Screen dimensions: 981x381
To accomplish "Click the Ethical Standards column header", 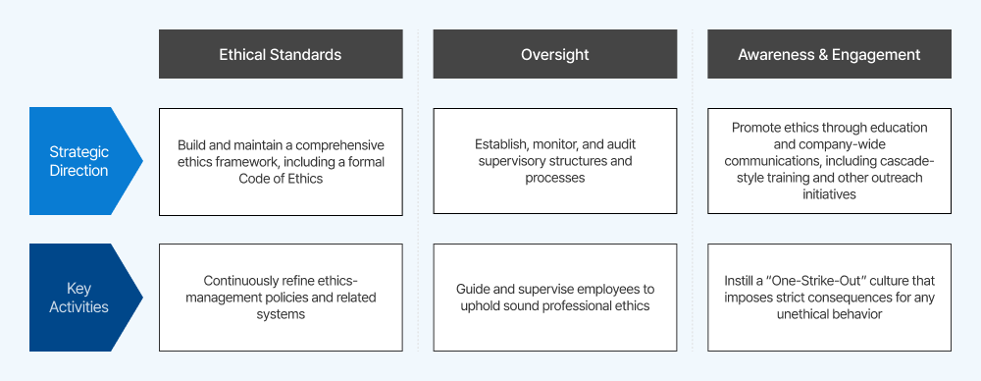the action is [x=281, y=54].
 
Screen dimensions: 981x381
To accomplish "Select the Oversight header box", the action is [x=555, y=54].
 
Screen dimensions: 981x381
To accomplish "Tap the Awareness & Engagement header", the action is [x=829, y=54].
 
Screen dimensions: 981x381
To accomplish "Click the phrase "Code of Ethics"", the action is [x=281, y=178].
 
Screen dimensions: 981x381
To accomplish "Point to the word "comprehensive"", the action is [x=340, y=145].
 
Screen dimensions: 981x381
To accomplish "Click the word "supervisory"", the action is [x=513, y=161].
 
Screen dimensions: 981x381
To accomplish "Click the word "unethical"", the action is [x=805, y=314].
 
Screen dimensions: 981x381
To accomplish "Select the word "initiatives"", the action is [x=830, y=194].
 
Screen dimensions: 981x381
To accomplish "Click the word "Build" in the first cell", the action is [x=191, y=145].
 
